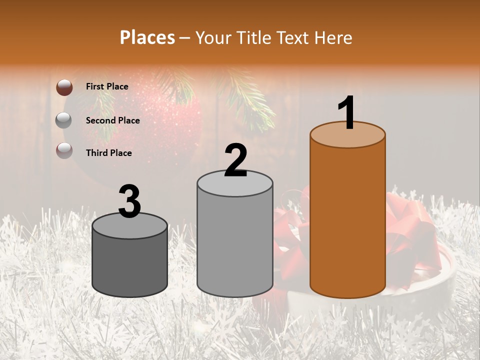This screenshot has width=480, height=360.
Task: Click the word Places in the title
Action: (147, 37)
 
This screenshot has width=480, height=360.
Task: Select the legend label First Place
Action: (107, 86)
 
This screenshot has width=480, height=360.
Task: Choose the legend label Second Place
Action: (112, 120)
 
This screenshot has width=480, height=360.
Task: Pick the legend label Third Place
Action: (108, 153)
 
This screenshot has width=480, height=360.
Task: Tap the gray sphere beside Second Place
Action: (64, 120)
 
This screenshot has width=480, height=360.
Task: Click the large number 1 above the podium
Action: (346, 113)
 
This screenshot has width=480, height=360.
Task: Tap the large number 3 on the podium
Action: (130, 201)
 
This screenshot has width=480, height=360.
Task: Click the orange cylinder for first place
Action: (347, 220)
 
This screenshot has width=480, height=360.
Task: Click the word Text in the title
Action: (295, 37)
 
